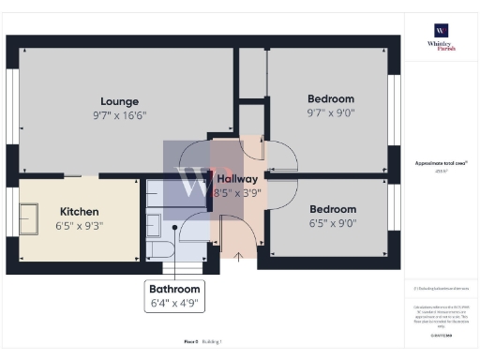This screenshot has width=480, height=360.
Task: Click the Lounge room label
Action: [x=120, y=101]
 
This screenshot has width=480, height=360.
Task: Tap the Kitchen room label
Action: [x=80, y=212]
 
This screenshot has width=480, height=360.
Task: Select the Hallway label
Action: [x=237, y=179]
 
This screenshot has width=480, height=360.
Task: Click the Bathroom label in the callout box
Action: [x=175, y=290]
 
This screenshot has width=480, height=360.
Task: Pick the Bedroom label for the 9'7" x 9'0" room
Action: [x=331, y=99]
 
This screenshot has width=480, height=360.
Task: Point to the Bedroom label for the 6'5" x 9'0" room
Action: [x=333, y=209]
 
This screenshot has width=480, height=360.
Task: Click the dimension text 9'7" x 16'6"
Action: [x=120, y=114]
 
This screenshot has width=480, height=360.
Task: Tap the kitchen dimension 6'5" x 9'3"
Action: [x=80, y=226]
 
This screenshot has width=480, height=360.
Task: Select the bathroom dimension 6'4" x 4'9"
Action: [x=175, y=304]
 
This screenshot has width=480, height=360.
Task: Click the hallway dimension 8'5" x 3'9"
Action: [x=237, y=192]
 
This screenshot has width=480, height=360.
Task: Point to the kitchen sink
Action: [x=31, y=220]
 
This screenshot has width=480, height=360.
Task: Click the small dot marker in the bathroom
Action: [x=174, y=227]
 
